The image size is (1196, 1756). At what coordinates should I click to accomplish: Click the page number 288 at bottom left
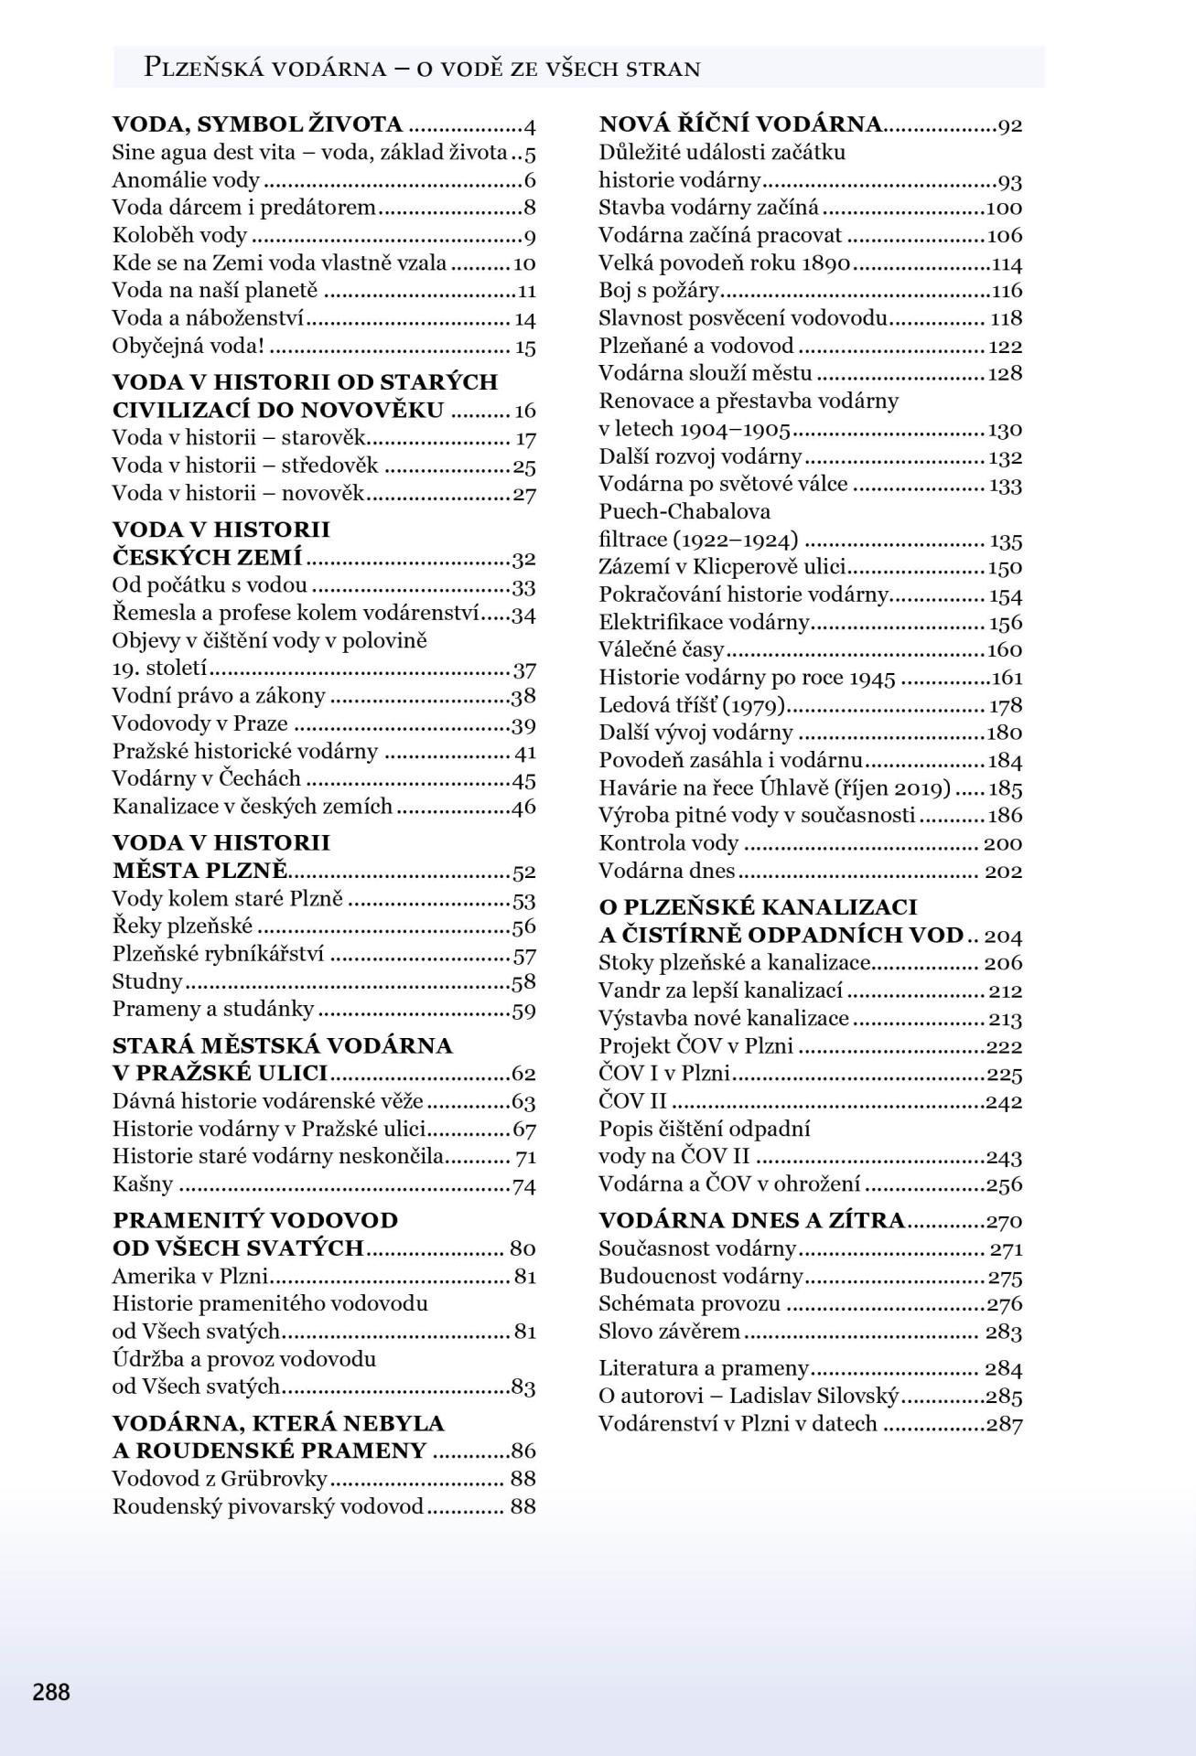click(51, 1691)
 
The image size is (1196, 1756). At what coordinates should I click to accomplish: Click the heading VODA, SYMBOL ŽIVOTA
click(257, 125)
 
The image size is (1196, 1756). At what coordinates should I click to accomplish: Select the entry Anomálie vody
click(186, 181)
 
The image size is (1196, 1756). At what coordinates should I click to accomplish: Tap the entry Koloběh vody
click(179, 236)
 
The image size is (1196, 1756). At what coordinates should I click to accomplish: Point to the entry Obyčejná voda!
click(189, 347)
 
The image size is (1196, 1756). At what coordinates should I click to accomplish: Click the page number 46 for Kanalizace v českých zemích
click(523, 807)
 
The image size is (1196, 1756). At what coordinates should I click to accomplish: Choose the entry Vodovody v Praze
click(199, 723)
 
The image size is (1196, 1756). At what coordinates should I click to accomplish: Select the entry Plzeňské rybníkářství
click(218, 955)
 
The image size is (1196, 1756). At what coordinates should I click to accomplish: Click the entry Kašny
click(143, 1184)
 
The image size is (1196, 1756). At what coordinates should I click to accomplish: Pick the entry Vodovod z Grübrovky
click(220, 1479)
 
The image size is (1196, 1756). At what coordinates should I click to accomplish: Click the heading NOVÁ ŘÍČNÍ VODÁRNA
click(739, 125)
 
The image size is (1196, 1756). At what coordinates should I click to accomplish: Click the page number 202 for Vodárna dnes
click(1003, 871)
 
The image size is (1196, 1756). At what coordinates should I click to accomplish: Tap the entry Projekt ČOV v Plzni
click(695, 1045)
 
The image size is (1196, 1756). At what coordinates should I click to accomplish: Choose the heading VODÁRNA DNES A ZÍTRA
click(751, 1220)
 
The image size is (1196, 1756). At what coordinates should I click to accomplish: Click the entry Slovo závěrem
click(669, 1331)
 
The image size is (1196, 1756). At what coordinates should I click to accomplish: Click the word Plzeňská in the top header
click(206, 68)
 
